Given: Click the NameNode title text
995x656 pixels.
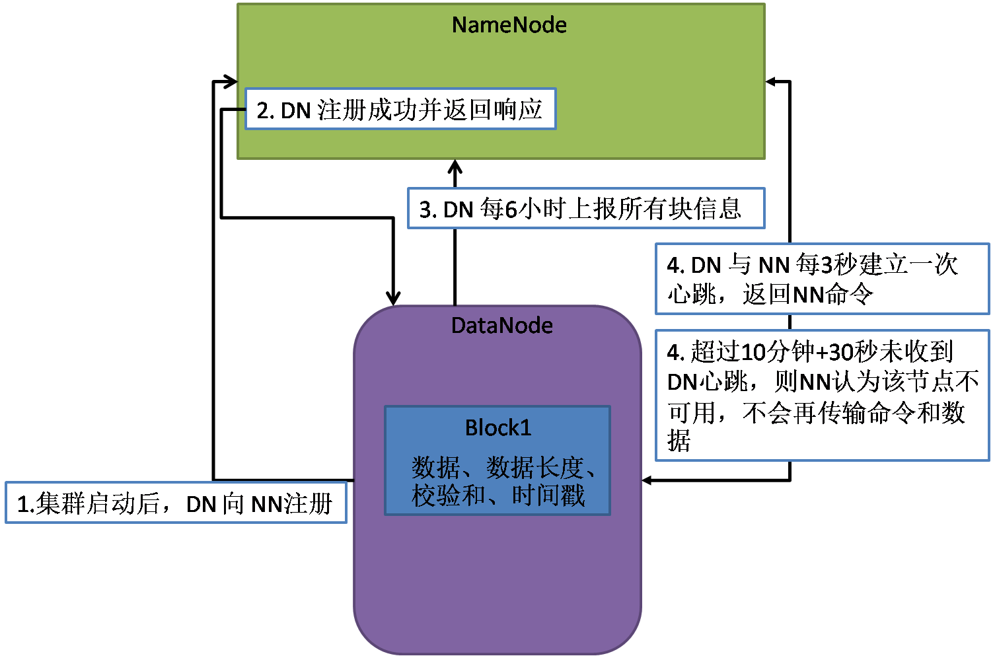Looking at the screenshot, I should point(509,25).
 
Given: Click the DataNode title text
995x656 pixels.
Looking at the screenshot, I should point(501,326).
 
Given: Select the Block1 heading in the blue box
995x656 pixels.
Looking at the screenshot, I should point(498,428).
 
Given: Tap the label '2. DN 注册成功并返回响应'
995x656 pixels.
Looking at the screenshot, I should point(400,110).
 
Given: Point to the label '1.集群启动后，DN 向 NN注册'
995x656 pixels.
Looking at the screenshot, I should point(175,503).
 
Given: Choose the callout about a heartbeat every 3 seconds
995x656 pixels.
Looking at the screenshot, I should point(821,279).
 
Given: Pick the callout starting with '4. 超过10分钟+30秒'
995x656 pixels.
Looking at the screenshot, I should point(821,395).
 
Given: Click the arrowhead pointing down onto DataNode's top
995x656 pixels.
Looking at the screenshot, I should point(393,297).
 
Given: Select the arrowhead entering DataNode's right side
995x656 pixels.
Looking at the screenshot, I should point(648,480).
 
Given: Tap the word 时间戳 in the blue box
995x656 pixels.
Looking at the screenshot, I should point(548,495).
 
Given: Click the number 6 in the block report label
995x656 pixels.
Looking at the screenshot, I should point(510,209).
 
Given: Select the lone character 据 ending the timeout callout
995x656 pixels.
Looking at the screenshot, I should point(679,441).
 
